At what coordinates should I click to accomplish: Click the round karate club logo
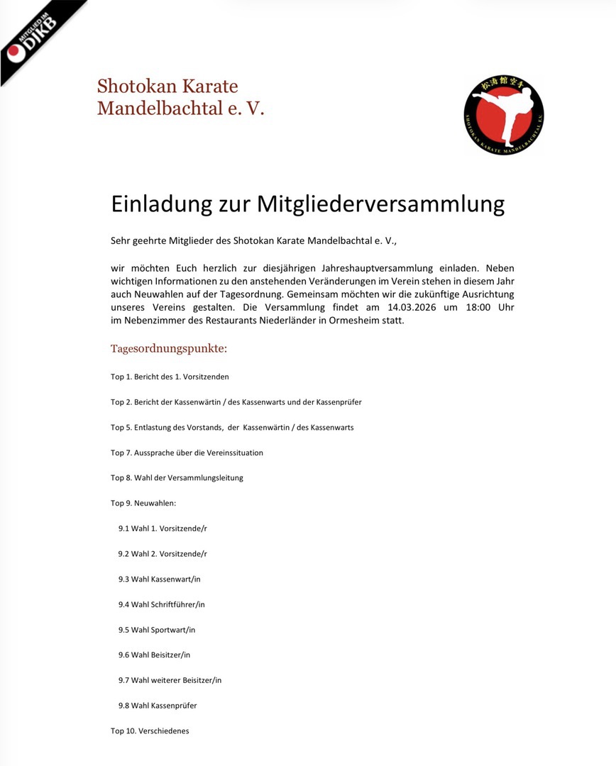(x=504, y=115)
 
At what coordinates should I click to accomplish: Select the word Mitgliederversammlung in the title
(x=380, y=204)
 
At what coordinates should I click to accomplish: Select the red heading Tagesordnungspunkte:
(x=169, y=349)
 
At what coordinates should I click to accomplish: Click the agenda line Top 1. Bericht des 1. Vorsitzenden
(x=170, y=377)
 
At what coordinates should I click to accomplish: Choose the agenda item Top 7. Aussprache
(x=187, y=453)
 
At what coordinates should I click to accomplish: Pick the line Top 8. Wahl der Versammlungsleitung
(x=177, y=478)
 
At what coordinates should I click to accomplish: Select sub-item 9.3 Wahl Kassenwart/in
(x=160, y=579)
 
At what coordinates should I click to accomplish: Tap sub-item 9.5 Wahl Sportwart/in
(x=157, y=630)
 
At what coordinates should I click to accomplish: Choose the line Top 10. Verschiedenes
(x=150, y=731)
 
